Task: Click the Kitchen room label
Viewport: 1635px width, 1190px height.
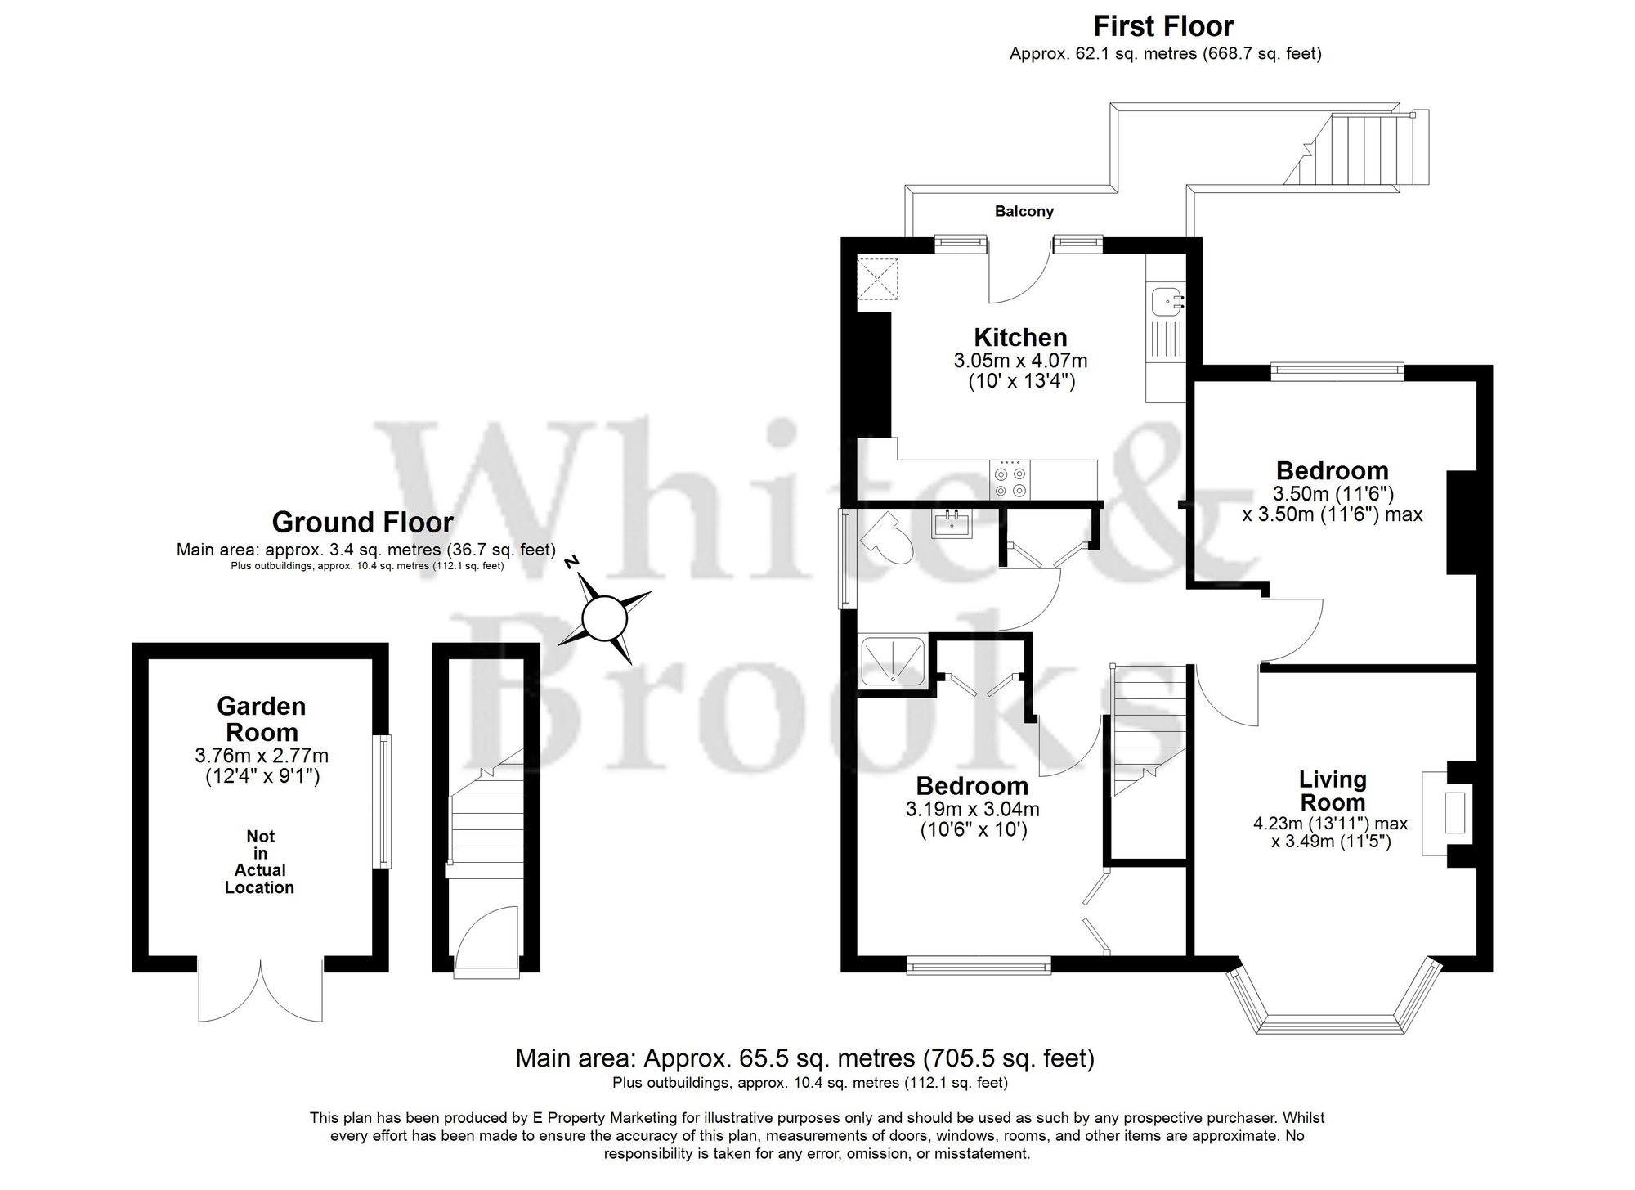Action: coord(1020,337)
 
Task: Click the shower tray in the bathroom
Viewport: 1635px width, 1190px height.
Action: coord(893,662)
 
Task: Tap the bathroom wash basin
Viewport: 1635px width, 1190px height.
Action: coord(952,523)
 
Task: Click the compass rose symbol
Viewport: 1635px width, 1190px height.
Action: coord(605,618)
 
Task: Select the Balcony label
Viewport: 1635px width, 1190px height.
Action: coord(1024,211)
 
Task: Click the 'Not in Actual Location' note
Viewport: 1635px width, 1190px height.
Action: coord(260,862)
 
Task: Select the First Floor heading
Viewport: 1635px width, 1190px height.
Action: coord(1163,26)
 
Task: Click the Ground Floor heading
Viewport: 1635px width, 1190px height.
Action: coord(362,522)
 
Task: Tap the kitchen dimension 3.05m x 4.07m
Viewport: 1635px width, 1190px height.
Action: coord(1020,361)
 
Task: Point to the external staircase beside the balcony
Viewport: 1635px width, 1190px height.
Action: coord(1357,150)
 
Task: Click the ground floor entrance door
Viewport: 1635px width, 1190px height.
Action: coord(487,941)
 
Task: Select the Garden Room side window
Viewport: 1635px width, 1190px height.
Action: coord(383,802)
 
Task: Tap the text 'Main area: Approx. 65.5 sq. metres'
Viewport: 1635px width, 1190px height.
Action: coord(714,1058)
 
